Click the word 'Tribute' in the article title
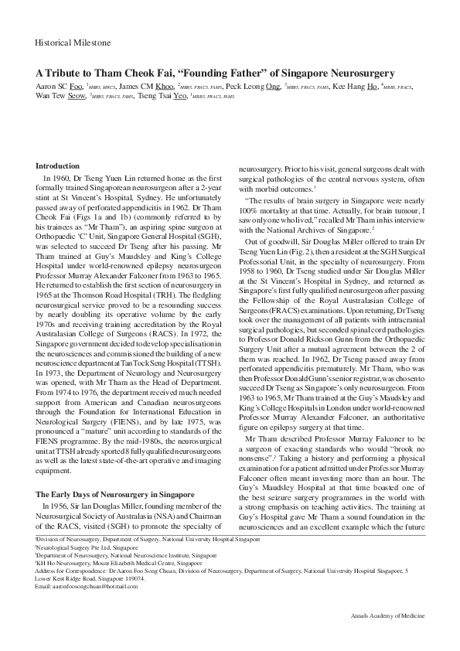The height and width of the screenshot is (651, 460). pos(66,73)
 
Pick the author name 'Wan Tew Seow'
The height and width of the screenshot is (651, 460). pos(60,97)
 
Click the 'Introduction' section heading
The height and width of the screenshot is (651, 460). pos(57,166)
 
